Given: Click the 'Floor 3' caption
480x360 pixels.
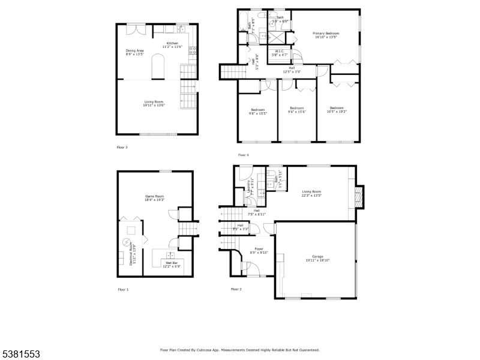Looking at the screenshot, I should tap(122, 146).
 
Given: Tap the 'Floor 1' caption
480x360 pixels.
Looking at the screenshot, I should tap(123, 289).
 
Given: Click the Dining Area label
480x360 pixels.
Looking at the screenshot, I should tap(134, 52).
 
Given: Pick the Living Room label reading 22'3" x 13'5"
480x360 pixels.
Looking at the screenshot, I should tap(311, 193).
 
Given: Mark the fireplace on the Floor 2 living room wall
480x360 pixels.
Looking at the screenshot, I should tap(359, 196).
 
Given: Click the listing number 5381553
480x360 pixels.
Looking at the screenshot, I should tap(20, 354).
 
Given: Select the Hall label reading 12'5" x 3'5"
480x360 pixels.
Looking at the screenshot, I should tap(291, 70).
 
